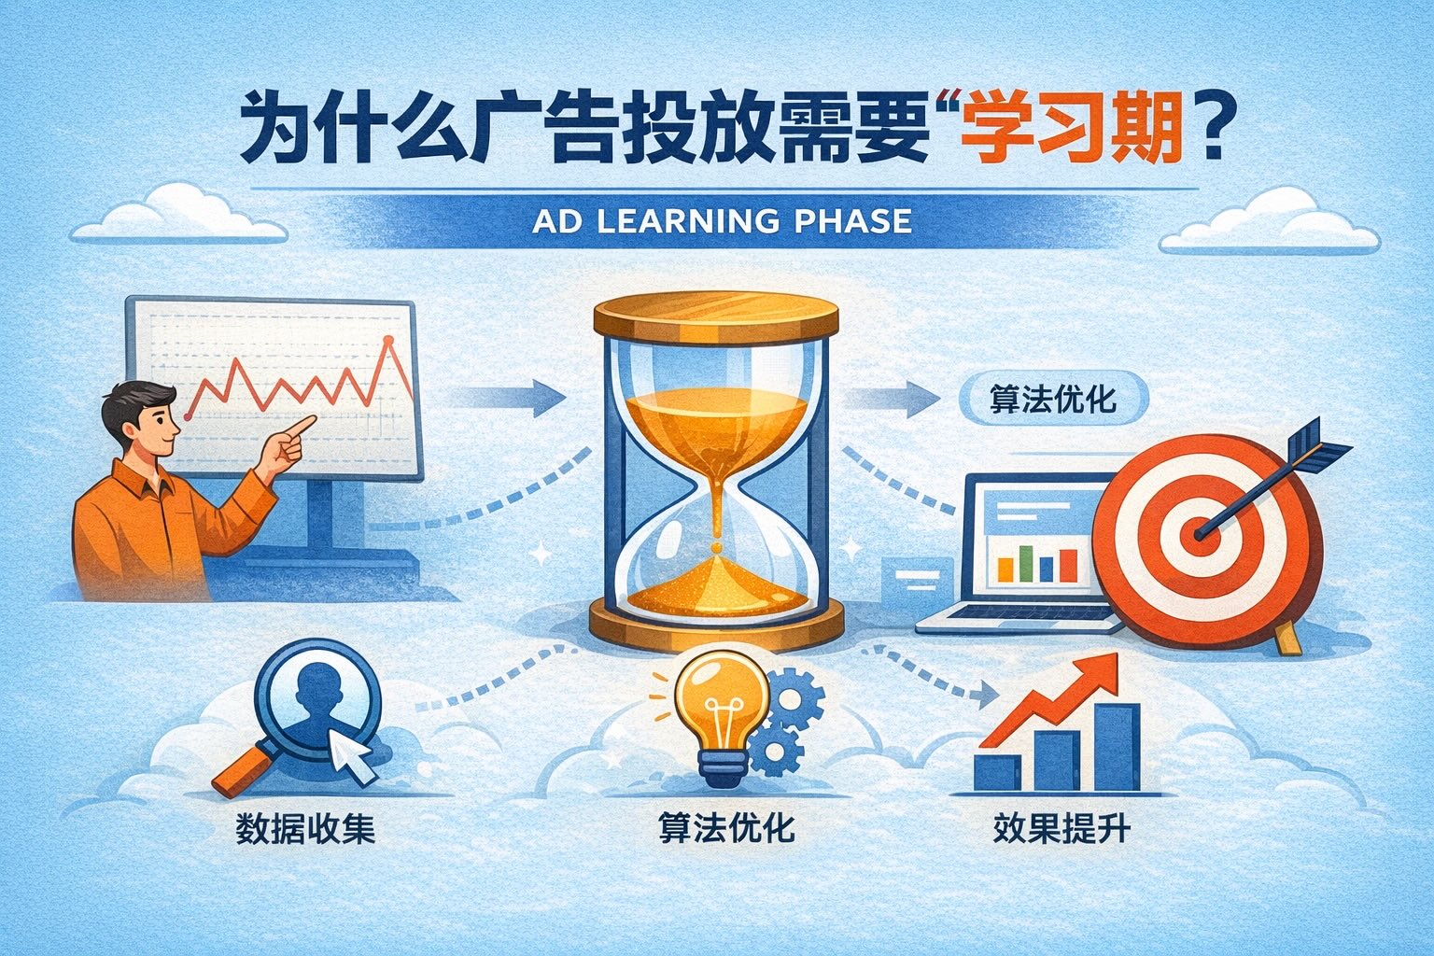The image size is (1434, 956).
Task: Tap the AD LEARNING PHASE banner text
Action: [722, 221]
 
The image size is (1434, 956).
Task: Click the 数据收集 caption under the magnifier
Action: [305, 829]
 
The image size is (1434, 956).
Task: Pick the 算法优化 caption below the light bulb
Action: [726, 828]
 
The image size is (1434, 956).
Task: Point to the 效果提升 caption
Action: [1062, 828]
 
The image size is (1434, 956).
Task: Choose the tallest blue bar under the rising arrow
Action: [1118, 747]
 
